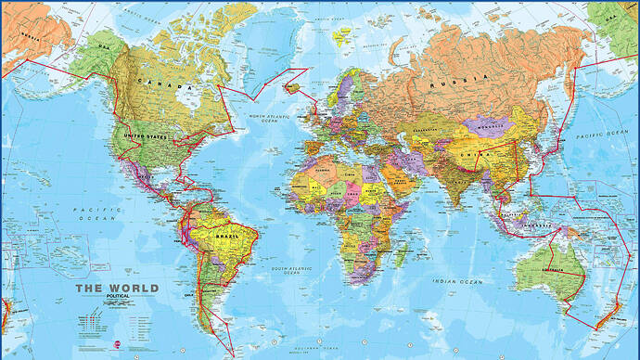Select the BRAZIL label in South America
point(229,236)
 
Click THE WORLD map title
point(117,289)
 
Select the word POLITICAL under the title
point(117,298)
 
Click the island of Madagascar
point(399,253)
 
